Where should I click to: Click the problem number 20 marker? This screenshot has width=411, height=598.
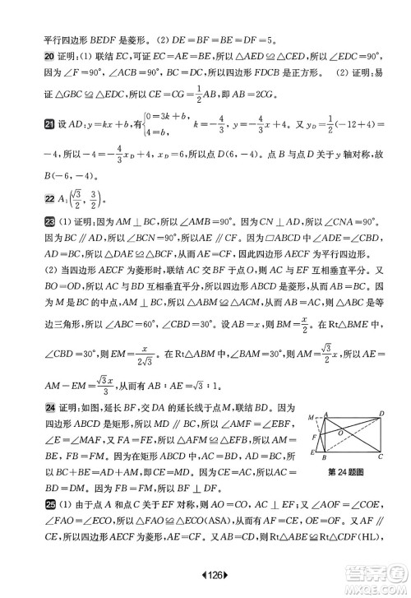coord(26,58)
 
